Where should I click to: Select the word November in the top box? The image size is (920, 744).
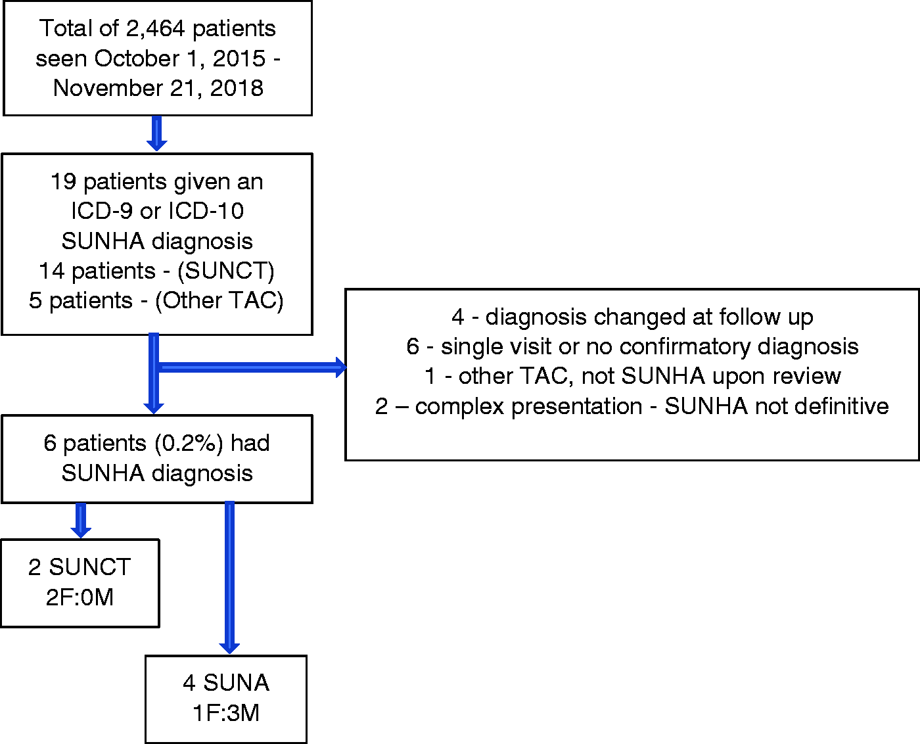point(108,88)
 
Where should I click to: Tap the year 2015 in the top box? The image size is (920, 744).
point(239,58)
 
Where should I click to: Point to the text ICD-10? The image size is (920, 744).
point(206,211)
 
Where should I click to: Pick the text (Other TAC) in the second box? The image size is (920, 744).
point(219,300)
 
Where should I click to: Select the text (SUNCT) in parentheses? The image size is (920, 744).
point(226,271)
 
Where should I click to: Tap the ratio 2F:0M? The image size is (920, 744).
point(80,597)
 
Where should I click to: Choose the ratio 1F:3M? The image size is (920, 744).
point(226,713)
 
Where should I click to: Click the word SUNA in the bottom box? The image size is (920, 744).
point(237,683)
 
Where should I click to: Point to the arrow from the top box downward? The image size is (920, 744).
point(157,133)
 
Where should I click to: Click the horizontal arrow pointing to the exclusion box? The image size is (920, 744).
point(252,367)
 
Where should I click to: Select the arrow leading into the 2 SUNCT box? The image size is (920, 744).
point(81,521)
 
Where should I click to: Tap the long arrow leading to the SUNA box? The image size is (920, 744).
point(229,578)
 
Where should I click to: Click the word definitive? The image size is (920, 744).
point(833,406)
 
